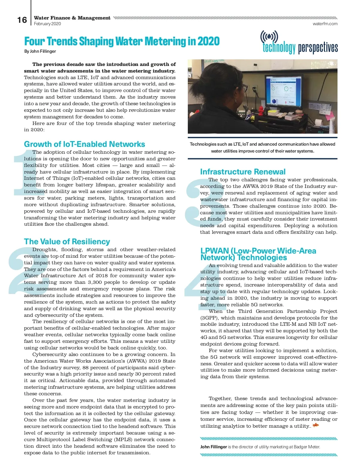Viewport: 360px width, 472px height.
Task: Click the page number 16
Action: pos(22,20)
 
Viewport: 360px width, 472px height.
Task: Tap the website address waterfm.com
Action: pos(325,24)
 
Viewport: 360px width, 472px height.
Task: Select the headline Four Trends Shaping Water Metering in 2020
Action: pos(122,41)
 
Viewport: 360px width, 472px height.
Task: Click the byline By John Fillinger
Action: pos(40,51)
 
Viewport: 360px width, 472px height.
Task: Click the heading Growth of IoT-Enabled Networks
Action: pos(84,144)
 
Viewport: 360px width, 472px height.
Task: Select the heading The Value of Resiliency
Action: pos(67,242)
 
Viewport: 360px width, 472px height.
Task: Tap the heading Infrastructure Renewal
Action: pos(243,172)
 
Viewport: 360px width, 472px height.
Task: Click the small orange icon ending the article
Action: pos(315,426)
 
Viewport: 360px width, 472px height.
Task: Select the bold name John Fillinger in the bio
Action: pos(213,447)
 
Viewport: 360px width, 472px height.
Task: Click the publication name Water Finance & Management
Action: pos(72,18)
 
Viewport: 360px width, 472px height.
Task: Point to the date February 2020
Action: pos(47,24)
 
